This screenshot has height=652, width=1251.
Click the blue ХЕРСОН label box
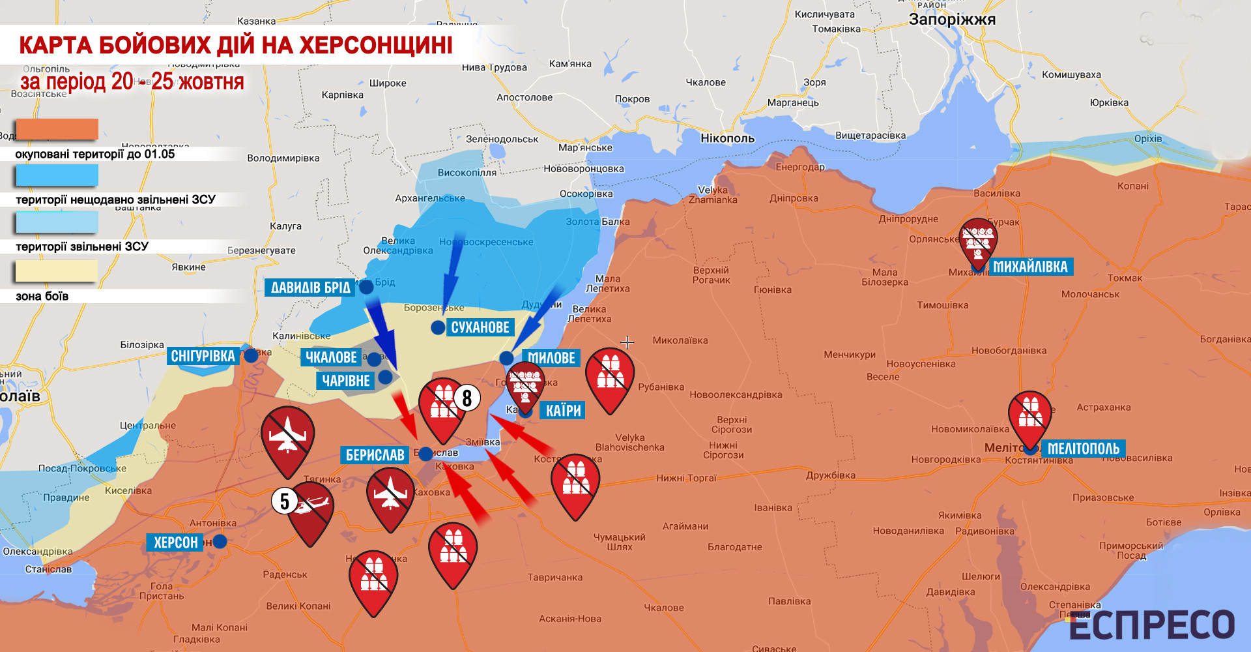click(x=175, y=542)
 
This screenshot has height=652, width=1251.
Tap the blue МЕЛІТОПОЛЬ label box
click(x=1083, y=449)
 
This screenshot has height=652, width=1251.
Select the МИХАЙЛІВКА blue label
click(x=1030, y=267)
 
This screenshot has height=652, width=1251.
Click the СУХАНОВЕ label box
click(x=480, y=327)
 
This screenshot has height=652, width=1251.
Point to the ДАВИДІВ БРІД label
click(x=310, y=288)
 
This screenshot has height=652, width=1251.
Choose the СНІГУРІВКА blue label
click(x=203, y=356)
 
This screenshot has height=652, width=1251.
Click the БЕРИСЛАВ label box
click(x=375, y=455)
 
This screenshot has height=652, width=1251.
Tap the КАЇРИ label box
click(x=563, y=411)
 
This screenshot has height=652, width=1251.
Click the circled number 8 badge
click(x=467, y=398)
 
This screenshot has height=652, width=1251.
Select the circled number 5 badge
click(x=284, y=501)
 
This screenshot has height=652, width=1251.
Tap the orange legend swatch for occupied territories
click(x=57, y=129)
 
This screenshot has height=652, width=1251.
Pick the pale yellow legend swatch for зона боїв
click(x=57, y=271)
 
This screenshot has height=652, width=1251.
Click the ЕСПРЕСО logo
click(x=1152, y=625)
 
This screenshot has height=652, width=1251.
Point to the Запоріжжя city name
click(x=952, y=20)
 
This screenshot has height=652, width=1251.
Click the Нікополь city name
click(x=727, y=138)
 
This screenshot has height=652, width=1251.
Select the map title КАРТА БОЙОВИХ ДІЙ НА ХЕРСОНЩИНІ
click(x=236, y=45)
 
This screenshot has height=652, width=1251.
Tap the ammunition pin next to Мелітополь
click(x=1030, y=415)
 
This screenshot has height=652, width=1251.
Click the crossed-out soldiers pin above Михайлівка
click(x=978, y=240)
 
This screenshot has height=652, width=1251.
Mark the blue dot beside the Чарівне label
click(x=385, y=377)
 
